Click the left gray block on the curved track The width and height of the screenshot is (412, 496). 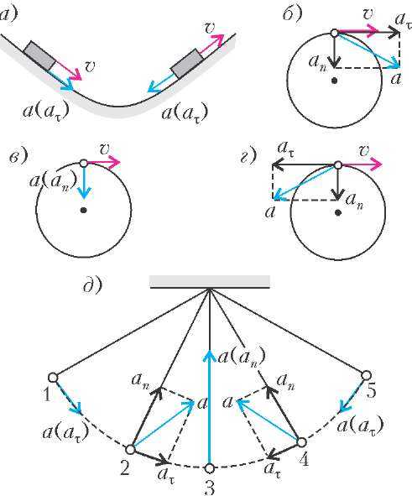[x=39, y=55]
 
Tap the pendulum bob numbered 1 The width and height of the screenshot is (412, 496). [x=53, y=378]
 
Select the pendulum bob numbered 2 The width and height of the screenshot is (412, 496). [x=130, y=449]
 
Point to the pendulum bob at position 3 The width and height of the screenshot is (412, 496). [x=209, y=468]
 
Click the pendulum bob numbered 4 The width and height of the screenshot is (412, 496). [x=301, y=442]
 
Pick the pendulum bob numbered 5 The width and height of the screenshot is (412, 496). [x=366, y=375]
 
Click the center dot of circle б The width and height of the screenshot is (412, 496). [x=335, y=81]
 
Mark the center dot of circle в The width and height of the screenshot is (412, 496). [x=83, y=210]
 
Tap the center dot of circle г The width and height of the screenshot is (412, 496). [x=338, y=212]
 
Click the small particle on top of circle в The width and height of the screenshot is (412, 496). [x=83, y=163]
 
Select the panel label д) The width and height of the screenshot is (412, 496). [x=92, y=285]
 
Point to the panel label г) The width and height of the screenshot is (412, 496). [x=248, y=157]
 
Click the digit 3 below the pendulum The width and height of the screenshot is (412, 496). [x=209, y=487]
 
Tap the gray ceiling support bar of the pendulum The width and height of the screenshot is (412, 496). [x=210, y=281]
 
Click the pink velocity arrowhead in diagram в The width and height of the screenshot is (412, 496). [x=114, y=163]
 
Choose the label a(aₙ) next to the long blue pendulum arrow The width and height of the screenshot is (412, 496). [x=242, y=358]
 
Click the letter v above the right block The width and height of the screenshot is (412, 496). [x=209, y=29]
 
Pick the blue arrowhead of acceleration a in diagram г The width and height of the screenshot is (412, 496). [x=279, y=196]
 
